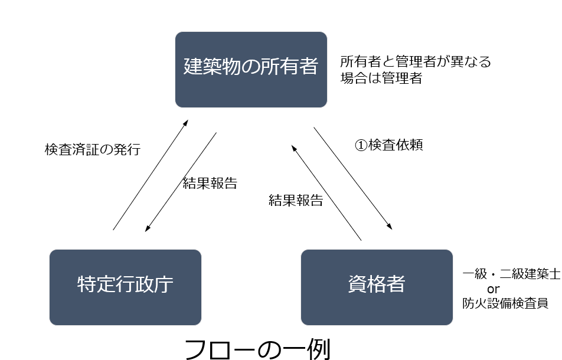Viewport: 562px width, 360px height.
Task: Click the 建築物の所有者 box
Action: [x=251, y=70]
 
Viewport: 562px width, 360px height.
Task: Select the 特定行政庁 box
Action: [x=125, y=287]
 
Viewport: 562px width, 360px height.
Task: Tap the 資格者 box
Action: [x=377, y=287]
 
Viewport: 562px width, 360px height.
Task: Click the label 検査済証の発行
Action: [x=93, y=149]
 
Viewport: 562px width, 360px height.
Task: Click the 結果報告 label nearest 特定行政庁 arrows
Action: [x=210, y=183]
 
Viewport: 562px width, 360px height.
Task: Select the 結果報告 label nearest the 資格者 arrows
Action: [x=296, y=200]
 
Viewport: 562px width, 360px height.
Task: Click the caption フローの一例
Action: [x=257, y=348]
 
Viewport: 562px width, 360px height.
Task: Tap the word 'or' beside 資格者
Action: [x=494, y=289]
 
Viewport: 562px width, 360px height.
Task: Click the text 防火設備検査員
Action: [x=506, y=303]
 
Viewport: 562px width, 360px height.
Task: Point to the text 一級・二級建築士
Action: [x=511, y=274]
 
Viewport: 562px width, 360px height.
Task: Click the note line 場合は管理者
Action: [x=381, y=78]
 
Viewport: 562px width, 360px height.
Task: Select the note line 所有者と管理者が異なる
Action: [x=416, y=61]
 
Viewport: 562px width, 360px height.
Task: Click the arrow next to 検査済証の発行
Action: [x=151, y=175]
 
